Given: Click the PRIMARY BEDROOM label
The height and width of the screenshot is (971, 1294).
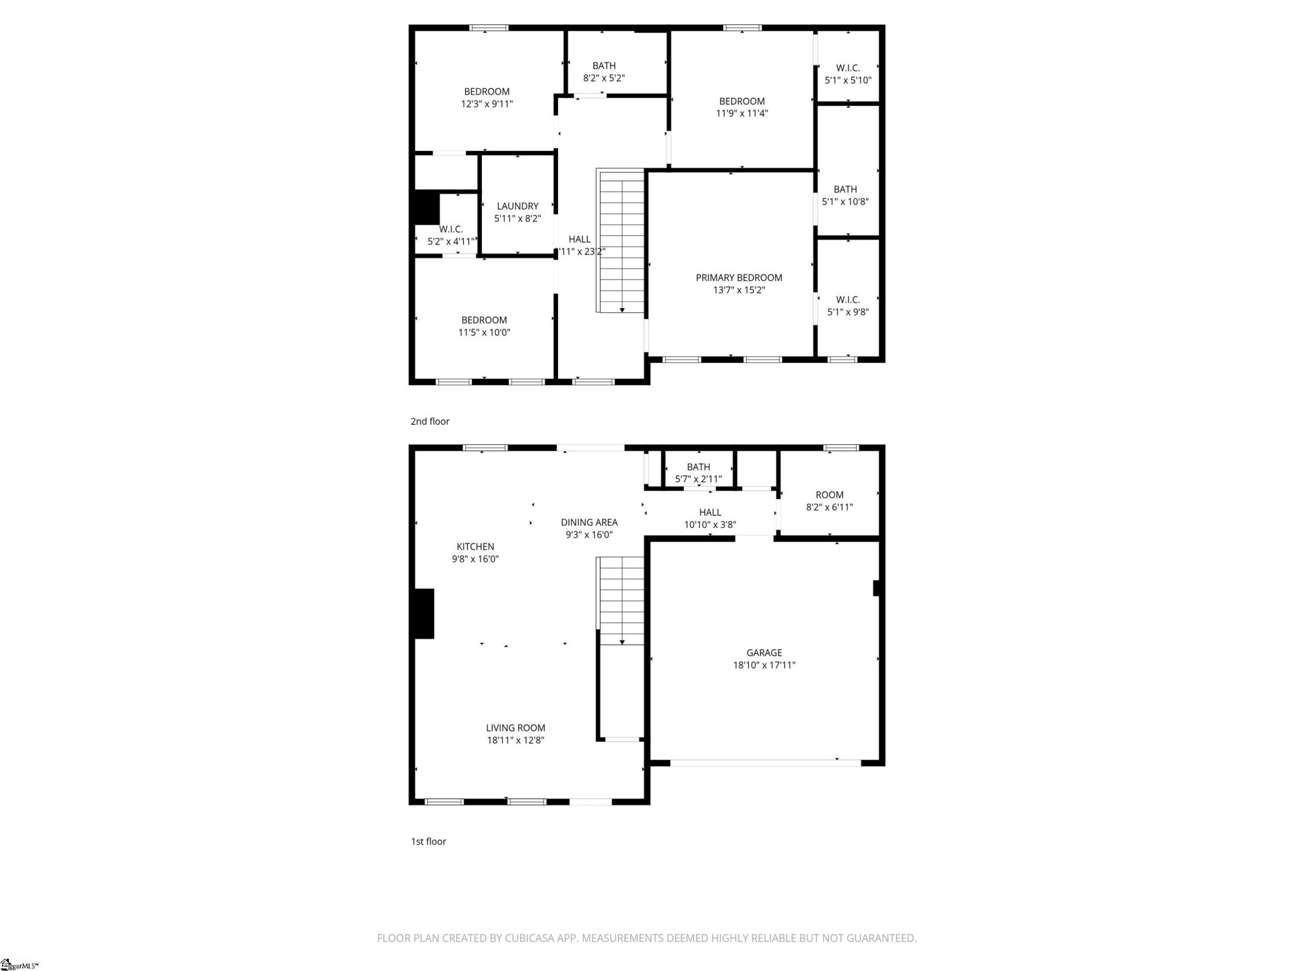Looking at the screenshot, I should pos(739,278).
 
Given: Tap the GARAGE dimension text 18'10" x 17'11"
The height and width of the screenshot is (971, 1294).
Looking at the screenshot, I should pos(764,665).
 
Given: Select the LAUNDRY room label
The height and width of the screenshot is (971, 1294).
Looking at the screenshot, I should pos(518,206).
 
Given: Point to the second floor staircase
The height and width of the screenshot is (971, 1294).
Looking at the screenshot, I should pos(621,240).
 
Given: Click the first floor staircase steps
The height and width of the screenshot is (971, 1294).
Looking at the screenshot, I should pos(621,600).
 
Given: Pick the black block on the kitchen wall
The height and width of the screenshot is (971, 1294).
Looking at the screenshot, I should pos(424,614).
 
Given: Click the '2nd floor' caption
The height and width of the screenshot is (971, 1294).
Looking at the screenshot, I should pos(430,421).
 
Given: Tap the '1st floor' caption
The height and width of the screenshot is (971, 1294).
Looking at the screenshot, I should pos(429,842).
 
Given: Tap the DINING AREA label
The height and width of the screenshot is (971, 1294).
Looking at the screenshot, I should pos(589,522).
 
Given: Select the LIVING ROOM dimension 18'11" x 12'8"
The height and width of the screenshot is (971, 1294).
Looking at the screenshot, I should pos(516,740).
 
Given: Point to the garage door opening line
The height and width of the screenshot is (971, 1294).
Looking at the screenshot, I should pos(765,763).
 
